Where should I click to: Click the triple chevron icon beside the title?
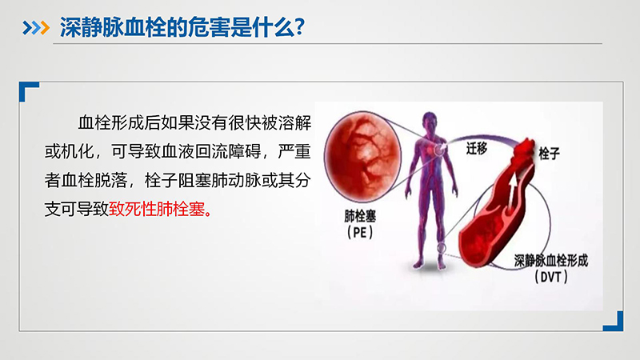click(x=36, y=28)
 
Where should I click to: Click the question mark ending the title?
click(x=299, y=27)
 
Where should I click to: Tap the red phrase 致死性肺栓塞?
click(x=156, y=210)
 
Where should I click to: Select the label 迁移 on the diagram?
click(x=476, y=148)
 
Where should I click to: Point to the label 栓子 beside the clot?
click(x=549, y=154)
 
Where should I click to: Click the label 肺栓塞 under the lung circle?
click(x=359, y=216)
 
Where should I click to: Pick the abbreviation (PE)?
click(x=359, y=232)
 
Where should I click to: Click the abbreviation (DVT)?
click(x=550, y=277)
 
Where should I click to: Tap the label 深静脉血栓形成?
click(x=550, y=261)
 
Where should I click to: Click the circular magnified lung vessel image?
click(x=362, y=157)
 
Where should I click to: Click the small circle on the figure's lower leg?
click(x=442, y=247)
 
